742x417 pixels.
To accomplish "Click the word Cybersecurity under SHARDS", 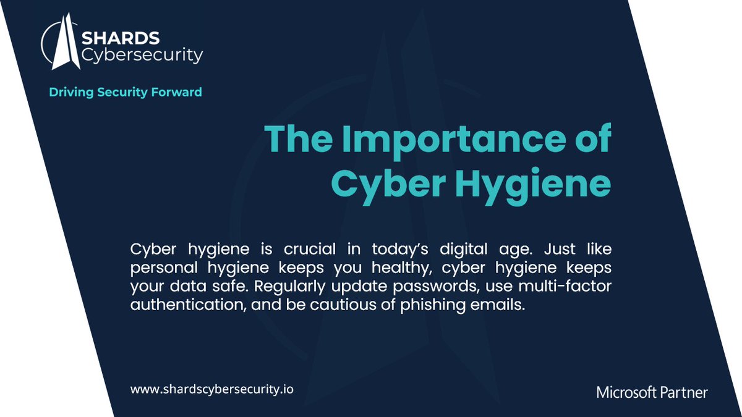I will click(142, 56).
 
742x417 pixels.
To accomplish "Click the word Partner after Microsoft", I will click(684, 392).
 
